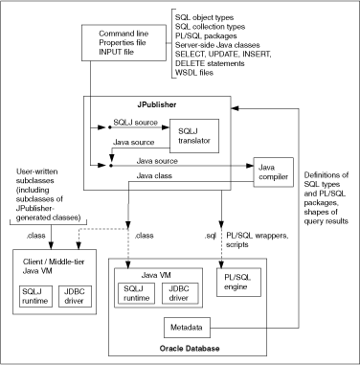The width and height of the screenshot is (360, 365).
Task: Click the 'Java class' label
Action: point(147,175)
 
